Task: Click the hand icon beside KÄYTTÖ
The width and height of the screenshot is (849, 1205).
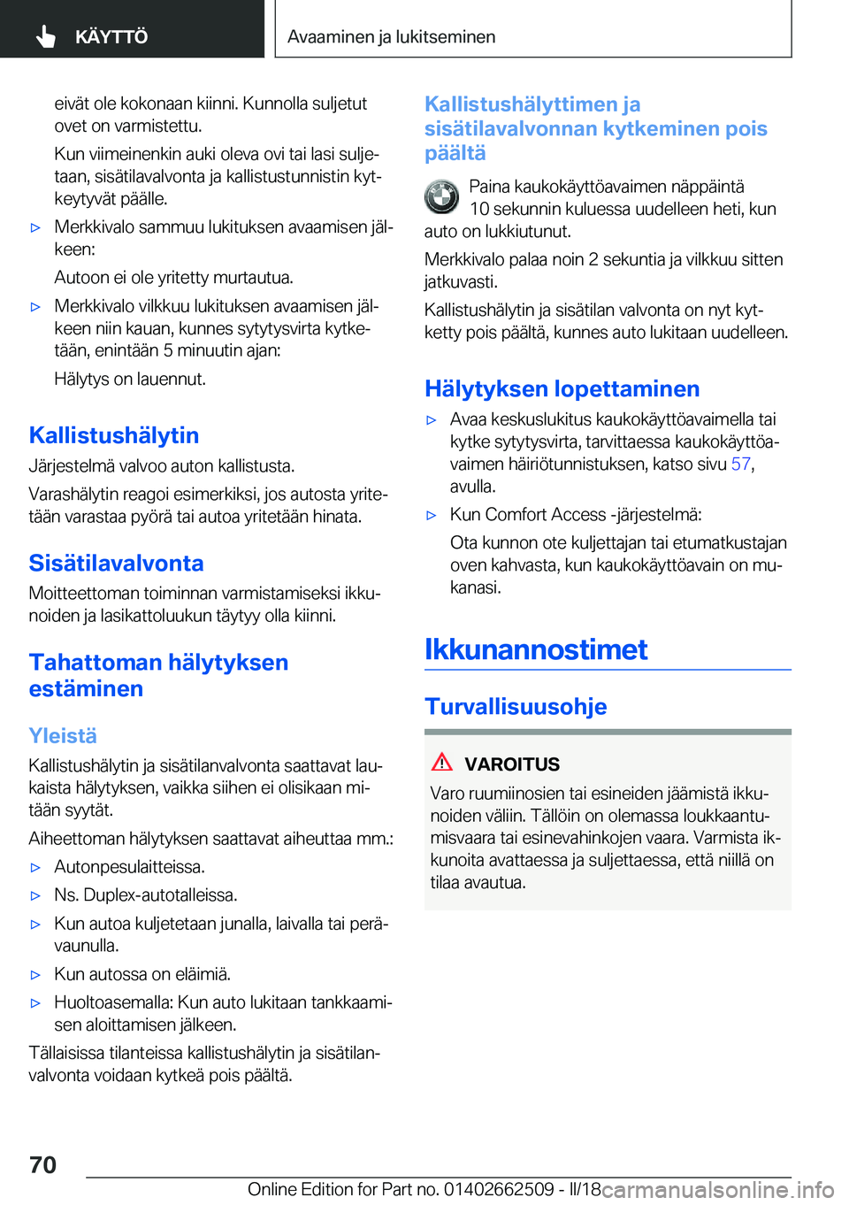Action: (46, 36)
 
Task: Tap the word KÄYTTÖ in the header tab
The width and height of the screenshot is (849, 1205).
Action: (111, 37)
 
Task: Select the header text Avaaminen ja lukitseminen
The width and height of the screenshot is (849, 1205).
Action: (391, 37)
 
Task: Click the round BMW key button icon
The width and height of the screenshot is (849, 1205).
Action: (441, 197)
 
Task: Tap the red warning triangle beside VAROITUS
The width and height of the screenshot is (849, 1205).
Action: (442, 763)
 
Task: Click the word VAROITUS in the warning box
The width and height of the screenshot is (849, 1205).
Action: (512, 764)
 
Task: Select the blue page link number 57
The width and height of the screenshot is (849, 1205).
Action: (740, 464)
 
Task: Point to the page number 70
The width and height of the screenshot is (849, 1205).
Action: (42, 1164)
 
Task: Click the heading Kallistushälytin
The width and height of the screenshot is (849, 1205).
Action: (114, 435)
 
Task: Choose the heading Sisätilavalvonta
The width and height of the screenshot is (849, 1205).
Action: (116, 564)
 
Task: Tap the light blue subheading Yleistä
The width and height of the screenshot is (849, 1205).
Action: (63, 736)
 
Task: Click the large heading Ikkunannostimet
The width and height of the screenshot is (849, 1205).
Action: (536, 649)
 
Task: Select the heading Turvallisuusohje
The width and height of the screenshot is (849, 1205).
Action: (516, 707)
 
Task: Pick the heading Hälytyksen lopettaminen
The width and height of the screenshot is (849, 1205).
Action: (562, 389)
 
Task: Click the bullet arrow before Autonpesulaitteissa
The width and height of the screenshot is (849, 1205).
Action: (35, 868)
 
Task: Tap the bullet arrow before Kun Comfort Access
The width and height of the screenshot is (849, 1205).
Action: (432, 515)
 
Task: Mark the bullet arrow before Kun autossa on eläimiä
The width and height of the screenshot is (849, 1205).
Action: (35, 975)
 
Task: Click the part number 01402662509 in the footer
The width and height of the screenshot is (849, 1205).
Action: (499, 1189)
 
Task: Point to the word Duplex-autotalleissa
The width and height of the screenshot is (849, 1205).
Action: (160, 895)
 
